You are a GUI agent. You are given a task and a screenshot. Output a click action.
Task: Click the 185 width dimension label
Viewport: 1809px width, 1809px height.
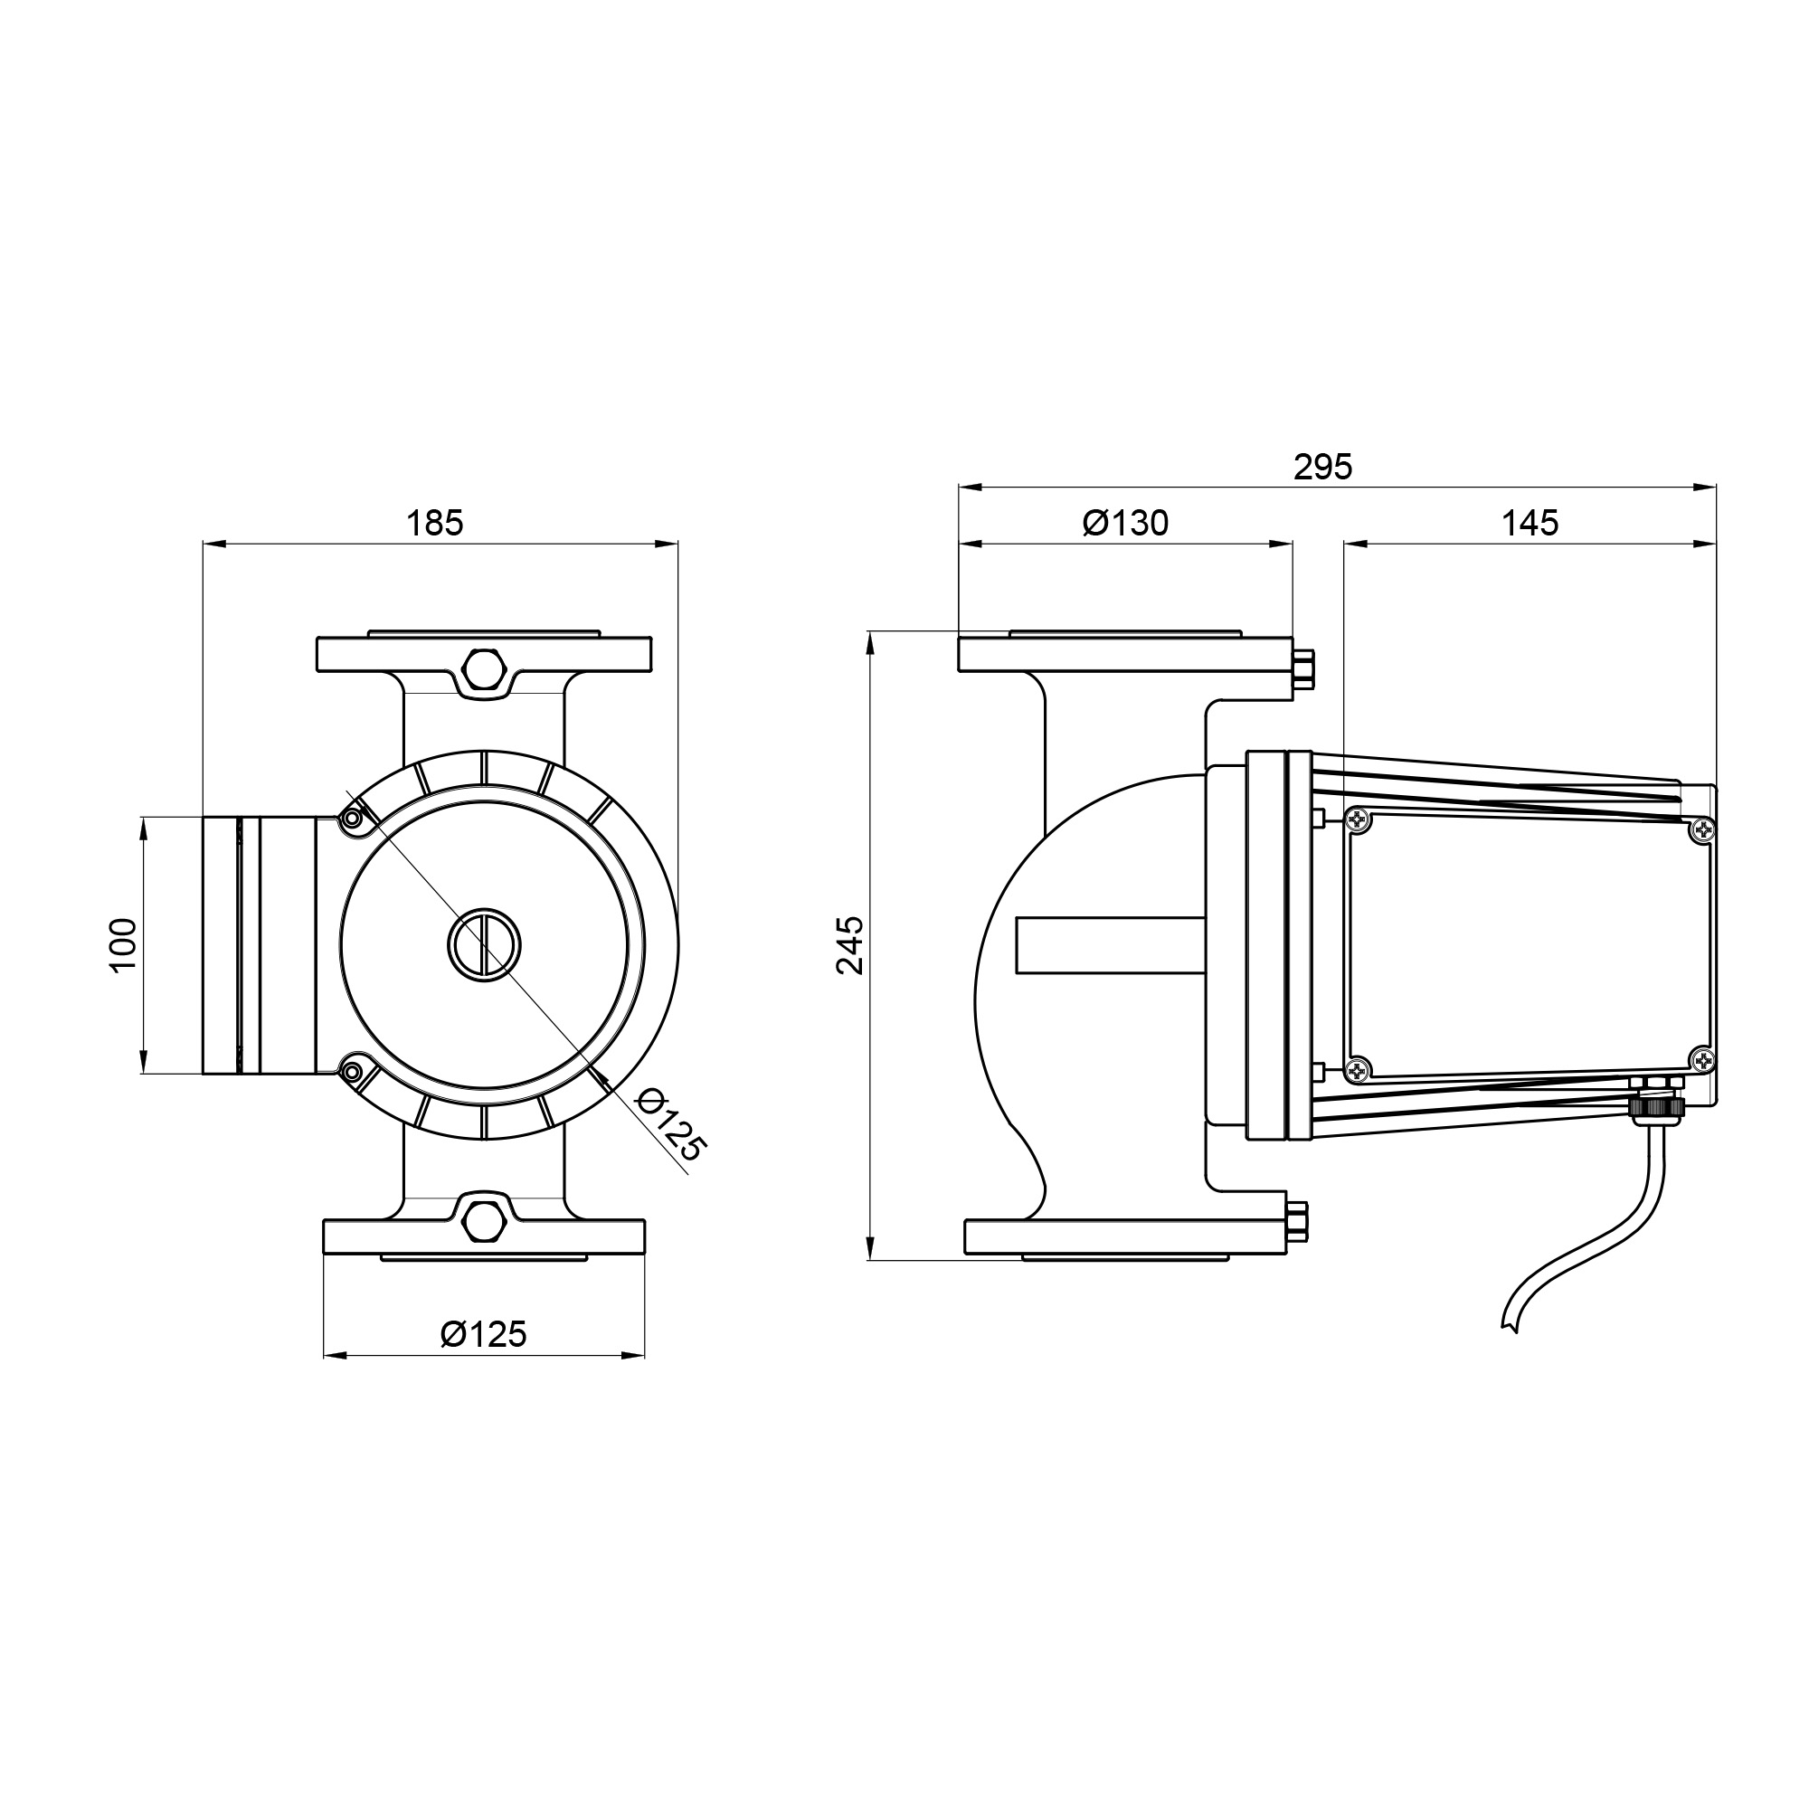(434, 524)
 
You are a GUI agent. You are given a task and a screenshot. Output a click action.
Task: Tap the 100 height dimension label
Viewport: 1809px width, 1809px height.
(124, 946)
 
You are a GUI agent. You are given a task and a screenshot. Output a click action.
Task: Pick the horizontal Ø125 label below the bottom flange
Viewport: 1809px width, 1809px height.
(484, 1333)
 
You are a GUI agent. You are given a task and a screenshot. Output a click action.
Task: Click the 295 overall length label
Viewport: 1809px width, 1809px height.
(1323, 467)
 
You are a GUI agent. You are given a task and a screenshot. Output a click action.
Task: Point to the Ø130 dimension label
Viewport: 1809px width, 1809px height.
(1125, 523)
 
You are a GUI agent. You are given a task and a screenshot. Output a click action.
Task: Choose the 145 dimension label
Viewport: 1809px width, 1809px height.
(1530, 523)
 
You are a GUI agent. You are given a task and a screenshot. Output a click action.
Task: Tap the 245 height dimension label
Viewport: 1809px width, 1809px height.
(850, 946)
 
